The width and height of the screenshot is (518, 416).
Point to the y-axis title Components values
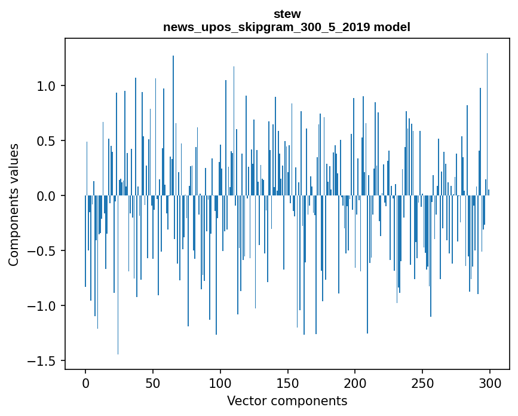coord(14,204)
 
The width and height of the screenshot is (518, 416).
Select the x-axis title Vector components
coord(287,400)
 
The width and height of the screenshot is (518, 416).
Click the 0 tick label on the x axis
coord(85,383)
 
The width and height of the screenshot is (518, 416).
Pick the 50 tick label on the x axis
coord(153,383)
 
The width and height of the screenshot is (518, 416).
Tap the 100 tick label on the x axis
coord(220,383)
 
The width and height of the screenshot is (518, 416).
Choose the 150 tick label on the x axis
coord(288,383)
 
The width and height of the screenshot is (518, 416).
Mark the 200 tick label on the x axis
coord(355,383)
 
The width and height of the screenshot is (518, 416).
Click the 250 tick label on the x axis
coord(422,383)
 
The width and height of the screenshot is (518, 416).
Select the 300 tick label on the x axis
coord(490,383)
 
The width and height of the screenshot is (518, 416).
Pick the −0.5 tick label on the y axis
coord(45,251)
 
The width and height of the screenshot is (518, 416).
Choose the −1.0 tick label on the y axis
coord(45,306)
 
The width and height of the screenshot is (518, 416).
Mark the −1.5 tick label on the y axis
coord(45,361)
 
